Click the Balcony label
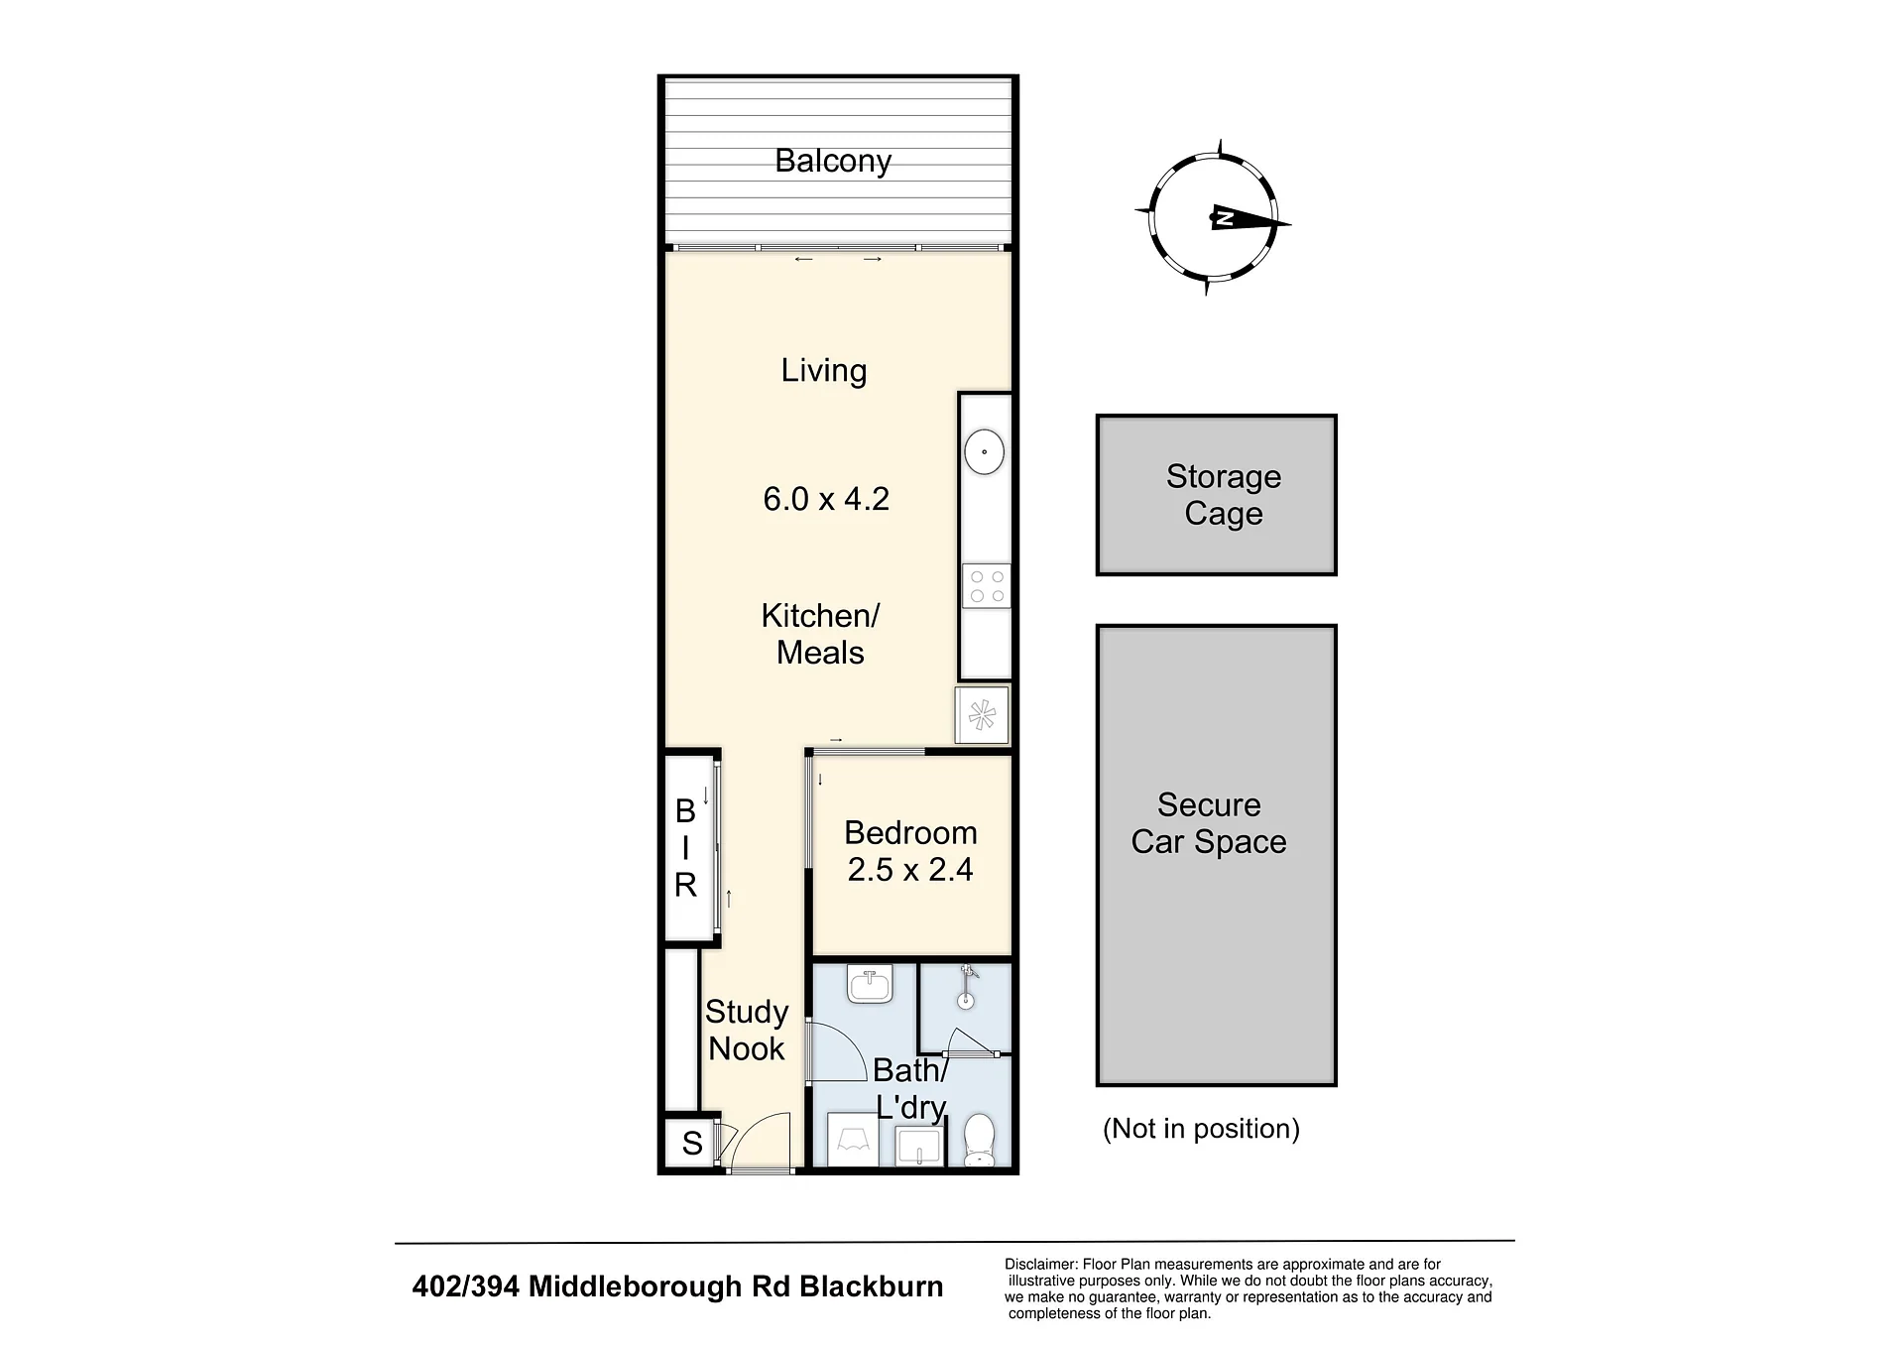[833, 161]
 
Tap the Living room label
[824, 371]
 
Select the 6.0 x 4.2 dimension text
[826, 499]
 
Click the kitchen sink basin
[985, 452]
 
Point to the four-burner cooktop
[987, 586]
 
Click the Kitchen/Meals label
[820, 634]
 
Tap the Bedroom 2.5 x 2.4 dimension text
[910, 870]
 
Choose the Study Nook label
[747, 1030]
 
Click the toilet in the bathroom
[980, 1141]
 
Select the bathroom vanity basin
[871, 986]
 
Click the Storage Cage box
[1217, 495]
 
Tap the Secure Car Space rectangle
[1217, 855]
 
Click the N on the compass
[1225, 219]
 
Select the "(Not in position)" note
[1201, 1129]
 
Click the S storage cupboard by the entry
[692, 1144]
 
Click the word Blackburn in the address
[872, 1286]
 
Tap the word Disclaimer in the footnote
[1040, 1265]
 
